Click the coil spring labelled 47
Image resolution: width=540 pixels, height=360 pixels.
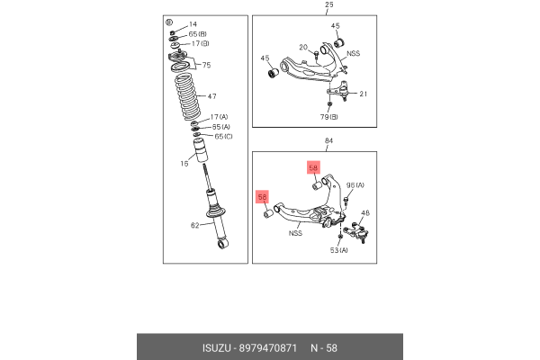point(188,97)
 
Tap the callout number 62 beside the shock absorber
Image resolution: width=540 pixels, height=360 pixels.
point(195,225)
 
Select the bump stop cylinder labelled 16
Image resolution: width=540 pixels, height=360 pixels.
point(202,150)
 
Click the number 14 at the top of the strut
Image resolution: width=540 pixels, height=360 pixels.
point(193,24)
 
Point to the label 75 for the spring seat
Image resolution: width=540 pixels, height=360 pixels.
point(206,65)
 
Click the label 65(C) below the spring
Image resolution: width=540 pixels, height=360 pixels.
point(223,137)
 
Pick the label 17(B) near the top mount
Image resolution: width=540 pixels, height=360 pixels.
point(201,44)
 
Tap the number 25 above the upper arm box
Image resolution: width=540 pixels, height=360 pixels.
point(329,4)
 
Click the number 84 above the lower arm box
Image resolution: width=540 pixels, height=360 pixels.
point(328,140)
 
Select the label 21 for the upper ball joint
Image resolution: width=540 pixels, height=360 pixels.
point(364,94)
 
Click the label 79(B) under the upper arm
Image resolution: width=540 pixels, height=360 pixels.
point(329,117)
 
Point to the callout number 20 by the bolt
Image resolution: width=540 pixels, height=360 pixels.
point(303,47)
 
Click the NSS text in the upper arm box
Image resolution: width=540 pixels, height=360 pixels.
point(354,53)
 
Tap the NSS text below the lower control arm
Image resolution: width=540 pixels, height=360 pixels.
point(295,233)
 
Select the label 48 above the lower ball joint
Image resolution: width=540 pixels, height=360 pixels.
point(365,213)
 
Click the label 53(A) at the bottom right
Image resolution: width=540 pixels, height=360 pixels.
point(339,250)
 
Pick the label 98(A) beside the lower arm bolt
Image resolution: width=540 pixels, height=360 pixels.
point(355,185)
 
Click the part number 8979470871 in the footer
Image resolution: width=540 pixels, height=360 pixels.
point(268,348)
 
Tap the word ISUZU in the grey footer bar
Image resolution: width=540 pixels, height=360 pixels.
point(217,348)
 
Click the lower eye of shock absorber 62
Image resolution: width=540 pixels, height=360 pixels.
point(222,244)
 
